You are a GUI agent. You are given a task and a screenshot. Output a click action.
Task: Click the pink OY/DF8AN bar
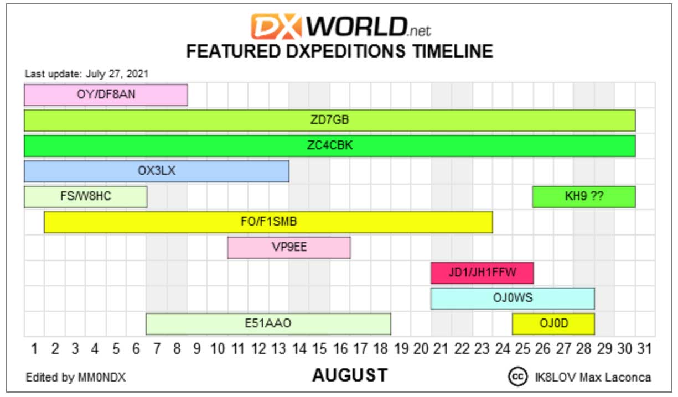click(106, 95)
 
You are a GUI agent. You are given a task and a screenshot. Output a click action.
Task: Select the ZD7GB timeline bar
click(330, 121)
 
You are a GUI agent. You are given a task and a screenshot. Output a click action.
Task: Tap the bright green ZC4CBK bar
click(330, 146)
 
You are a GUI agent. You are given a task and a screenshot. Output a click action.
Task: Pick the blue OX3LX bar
click(157, 171)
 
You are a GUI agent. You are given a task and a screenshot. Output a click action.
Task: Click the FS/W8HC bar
click(86, 196)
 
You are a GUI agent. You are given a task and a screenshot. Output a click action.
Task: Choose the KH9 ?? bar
click(584, 196)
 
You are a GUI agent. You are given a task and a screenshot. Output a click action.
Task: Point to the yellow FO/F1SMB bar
click(268, 222)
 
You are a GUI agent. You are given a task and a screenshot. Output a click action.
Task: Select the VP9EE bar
click(289, 248)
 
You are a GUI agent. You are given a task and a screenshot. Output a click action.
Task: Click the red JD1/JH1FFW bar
click(482, 273)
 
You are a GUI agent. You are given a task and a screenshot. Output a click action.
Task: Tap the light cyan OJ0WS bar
click(513, 299)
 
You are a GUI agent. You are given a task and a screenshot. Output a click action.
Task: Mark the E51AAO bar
click(268, 324)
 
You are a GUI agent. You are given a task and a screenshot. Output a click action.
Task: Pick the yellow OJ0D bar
click(553, 324)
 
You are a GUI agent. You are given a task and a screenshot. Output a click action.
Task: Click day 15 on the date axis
click(320, 349)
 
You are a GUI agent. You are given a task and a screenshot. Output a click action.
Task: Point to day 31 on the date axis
click(644, 349)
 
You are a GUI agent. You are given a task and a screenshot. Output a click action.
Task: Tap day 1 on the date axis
click(34, 349)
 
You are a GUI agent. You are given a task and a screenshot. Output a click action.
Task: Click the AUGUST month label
click(350, 375)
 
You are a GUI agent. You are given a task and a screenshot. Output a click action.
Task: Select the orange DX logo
click(276, 27)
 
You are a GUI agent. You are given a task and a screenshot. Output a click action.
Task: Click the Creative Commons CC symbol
click(518, 377)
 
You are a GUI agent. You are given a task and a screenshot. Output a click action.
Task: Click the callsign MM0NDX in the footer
click(102, 377)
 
